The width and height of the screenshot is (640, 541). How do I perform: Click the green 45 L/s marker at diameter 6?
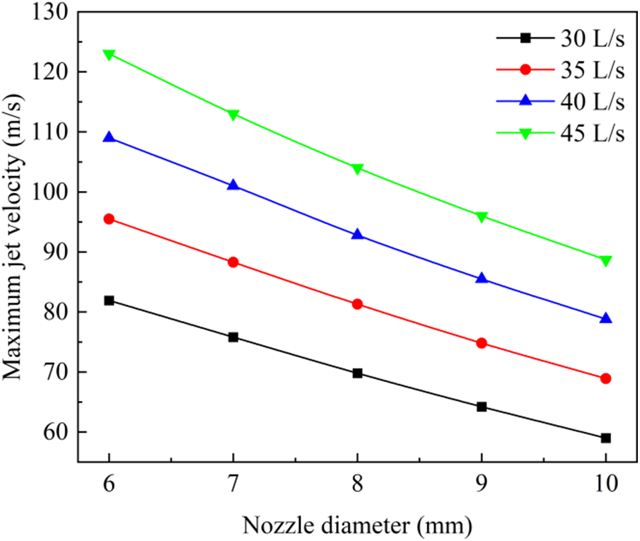[109, 54]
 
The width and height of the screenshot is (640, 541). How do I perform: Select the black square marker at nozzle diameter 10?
[606, 438]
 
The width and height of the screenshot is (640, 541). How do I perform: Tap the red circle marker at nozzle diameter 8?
[357, 304]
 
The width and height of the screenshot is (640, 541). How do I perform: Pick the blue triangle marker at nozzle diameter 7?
[233, 185]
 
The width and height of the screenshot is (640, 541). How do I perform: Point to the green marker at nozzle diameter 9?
[482, 216]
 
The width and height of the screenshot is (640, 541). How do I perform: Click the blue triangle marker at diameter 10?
[606, 318]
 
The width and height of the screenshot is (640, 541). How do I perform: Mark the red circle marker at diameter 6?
[109, 219]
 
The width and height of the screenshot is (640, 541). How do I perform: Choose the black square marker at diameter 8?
[357, 373]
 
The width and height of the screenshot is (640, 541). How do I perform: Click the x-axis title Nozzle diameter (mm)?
[357, 525]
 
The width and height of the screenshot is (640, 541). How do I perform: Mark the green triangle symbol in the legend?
[525, 134]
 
